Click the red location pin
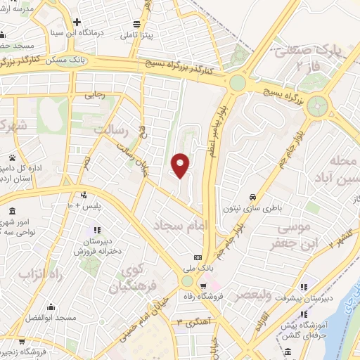click(x=181, y=165)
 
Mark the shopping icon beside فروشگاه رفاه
click(x=203, y=285)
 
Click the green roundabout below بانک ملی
click(x=186, y=281)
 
